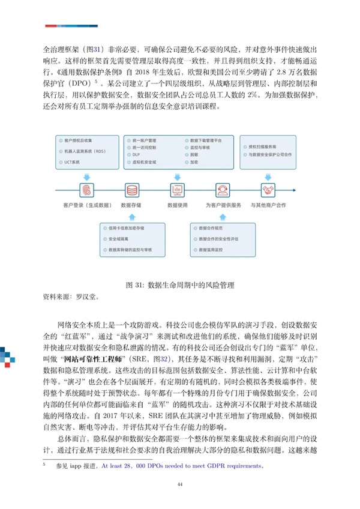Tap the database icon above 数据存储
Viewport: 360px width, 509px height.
click(131, 190)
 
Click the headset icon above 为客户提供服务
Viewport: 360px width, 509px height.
click(221, 190)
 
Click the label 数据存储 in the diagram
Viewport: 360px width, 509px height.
click(131, 205)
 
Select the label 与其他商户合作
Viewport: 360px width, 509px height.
click(268, 205)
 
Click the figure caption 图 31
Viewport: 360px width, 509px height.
click(180, 284)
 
